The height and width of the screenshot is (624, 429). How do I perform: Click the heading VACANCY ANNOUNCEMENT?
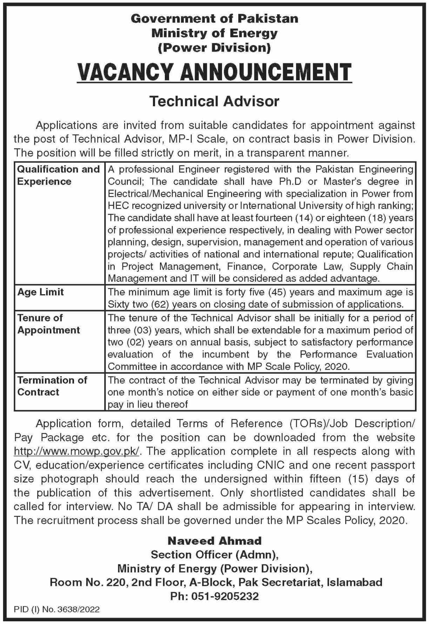(x=214, y=73)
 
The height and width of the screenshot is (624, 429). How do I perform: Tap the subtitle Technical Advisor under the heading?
(x=214, y=101)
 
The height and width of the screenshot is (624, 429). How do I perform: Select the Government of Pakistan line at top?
(x=214, y=19)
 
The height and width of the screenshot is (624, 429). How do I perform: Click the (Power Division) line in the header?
(x=214, y=48)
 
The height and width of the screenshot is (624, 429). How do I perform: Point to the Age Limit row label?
(x=41, y=292)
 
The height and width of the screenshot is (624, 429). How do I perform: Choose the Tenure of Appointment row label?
(x=49, y=324)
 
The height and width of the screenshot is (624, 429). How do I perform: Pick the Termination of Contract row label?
(x=52, y=386)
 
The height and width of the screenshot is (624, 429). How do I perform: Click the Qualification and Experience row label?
(x=58, y=175)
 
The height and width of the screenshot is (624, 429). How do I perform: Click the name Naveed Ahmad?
(x=214, y=541)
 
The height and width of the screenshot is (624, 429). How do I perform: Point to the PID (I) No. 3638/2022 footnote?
(x=57, y=610)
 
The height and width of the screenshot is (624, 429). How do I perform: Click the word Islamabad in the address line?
(x=354, y=582)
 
